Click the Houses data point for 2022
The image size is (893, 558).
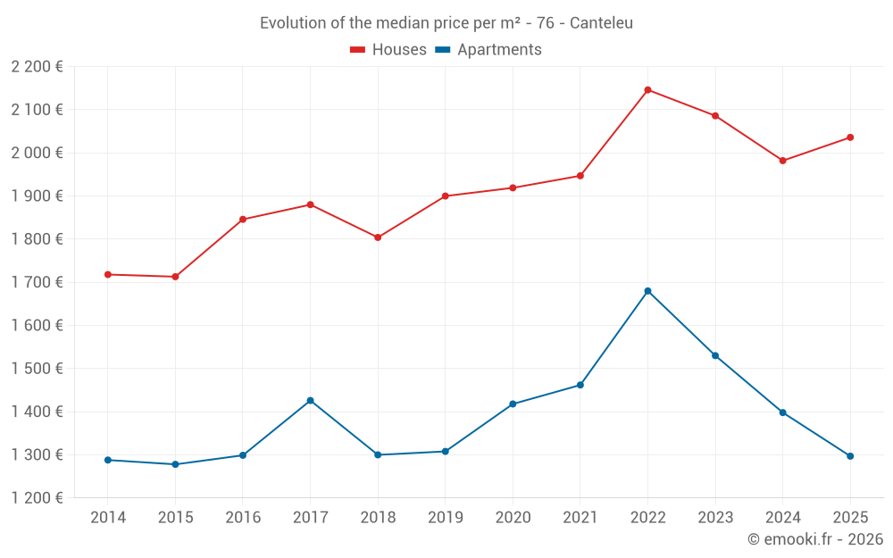coord(647,90)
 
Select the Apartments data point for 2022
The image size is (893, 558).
coord(647,291)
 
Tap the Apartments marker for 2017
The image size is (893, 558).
coord(310,400)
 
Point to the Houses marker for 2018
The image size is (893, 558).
coord(378,237)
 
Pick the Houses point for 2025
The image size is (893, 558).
coord(850,137)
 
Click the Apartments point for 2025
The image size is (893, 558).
coord(850,456)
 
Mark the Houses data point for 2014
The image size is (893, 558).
coord(108,274)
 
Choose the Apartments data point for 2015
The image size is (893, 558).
coord(175,464)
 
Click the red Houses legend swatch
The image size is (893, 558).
coord(357,50)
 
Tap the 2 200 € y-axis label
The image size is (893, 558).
coord(38,67)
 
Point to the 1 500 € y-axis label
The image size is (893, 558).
coord(38,369)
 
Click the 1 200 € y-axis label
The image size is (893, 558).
coord(38,498)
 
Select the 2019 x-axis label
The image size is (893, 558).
coord(445,517)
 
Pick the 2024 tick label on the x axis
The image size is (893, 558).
coord(782,517)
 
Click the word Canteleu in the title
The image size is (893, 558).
coord(601,23)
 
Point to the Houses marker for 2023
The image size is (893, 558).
coord(715,116)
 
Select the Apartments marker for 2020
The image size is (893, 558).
coord(513,404)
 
